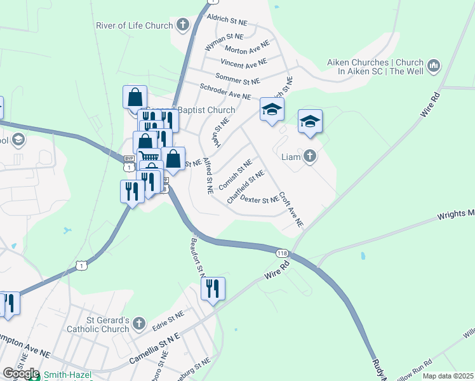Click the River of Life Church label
click(x=134, y=26)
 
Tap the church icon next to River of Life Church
click(x=183, y=25)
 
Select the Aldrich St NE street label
click(x=231, y=22)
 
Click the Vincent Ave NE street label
click(x=244, y=63)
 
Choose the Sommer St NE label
click(x=238, y=80)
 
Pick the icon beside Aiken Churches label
click(x=434, y=65)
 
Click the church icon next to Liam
click(x=310, y=156)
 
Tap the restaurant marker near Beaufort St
click(x=213, y=289)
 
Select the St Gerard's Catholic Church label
click(x=98, y=324)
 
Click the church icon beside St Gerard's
click(x=139, y=324)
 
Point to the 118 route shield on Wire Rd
click(x=283, y=253)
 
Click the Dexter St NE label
click(x=260, y=200)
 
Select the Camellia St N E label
click(x=155, y=348)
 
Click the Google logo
click(x=21, y=373)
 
